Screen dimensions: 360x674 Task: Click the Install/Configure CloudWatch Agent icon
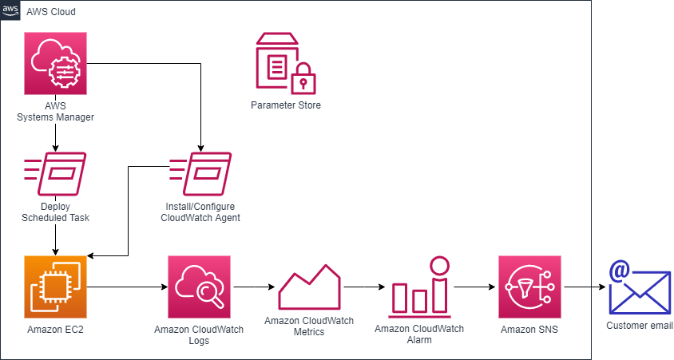200,174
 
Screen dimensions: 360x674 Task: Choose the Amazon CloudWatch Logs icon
199,287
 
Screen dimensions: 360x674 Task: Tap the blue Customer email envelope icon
640,289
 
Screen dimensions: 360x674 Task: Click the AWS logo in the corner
11,10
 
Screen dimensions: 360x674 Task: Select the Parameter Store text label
285,105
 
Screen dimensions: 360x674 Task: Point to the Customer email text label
640,326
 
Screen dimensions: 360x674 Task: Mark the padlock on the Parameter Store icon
303,80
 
